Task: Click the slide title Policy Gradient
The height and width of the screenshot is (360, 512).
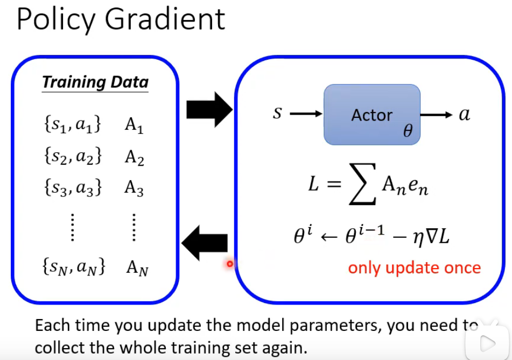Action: [x=121, y=19]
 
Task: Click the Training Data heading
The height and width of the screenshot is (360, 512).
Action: [x=95, y=82]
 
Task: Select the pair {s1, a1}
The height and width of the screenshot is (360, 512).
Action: [x=72, y=125]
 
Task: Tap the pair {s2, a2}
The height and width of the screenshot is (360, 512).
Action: [x=72, y=156]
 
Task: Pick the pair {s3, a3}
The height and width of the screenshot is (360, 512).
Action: [x=72, y=188]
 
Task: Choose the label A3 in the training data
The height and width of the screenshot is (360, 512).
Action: [x=134, y=188]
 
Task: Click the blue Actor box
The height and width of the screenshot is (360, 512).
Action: [x=371, y=115]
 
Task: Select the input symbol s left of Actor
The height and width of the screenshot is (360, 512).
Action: [x=277, y=114]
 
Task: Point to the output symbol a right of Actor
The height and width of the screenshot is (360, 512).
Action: [x=464, y=114]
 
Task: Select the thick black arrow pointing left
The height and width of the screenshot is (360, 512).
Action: [x=205, y=243]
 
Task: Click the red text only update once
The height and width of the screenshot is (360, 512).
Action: [x=414, y=267]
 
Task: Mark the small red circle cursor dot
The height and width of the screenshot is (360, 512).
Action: [x=230, y=264]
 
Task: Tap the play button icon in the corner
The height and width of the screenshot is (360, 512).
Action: [x=488, y=342]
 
